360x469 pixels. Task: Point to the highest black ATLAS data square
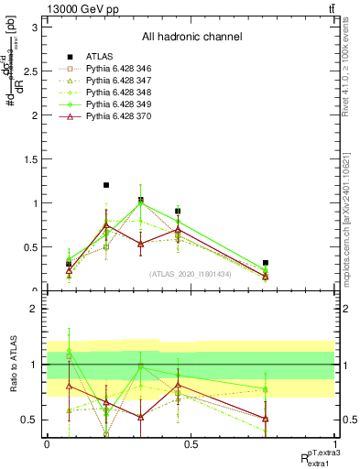106,185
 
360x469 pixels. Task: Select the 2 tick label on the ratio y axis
34,310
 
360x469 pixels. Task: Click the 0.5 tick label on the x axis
191,444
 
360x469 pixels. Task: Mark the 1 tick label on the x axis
336,444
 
